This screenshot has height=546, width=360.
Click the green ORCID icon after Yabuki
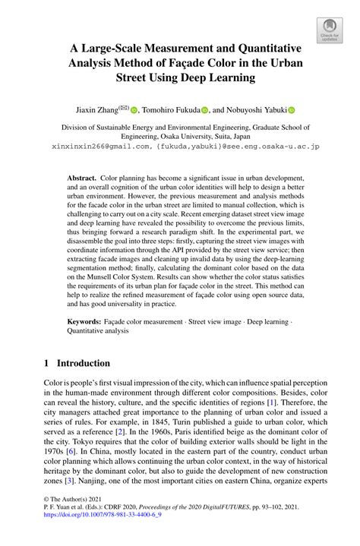(x=291, y=109)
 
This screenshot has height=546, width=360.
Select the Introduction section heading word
(x=85, y=364)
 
